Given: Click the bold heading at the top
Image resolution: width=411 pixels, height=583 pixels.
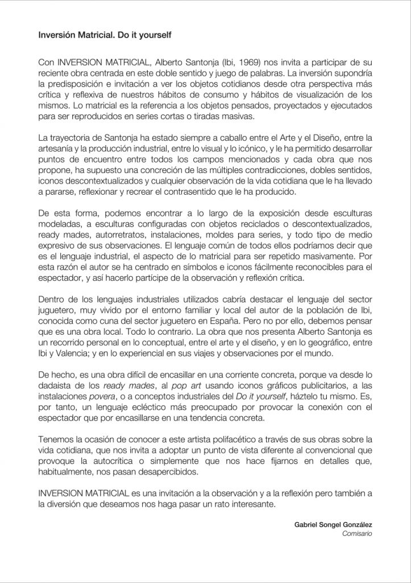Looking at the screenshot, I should click(105, 34).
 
